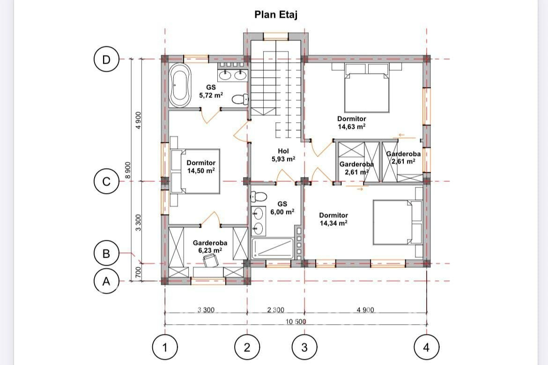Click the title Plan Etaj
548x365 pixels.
(276, 15)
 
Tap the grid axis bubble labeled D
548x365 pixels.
(106, 60)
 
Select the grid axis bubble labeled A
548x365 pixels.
(106, 281)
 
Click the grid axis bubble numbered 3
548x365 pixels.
(304, 347)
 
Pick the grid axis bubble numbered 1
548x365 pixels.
(165, 347)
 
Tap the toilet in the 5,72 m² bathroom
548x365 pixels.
(240, 100)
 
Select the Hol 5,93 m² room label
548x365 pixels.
(283, 155)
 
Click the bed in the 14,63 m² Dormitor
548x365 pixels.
(367, 88)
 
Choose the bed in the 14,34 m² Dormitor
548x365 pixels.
(398, 223)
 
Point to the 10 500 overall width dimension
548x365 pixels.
(296, 321)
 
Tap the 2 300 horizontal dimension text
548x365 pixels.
(275, 310)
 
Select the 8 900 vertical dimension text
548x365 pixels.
(128, 170)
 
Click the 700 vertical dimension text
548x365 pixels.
(138, 273)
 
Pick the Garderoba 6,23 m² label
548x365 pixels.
(210, 246)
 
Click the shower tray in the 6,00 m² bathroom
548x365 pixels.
(273, 249)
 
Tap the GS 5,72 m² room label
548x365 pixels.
(211, 91)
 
